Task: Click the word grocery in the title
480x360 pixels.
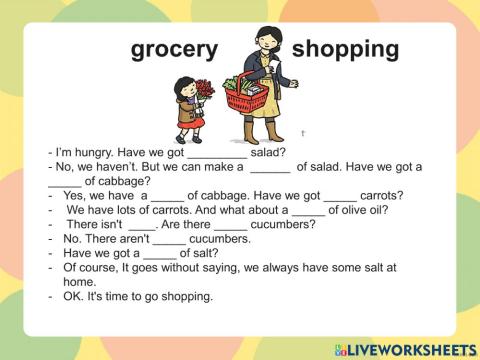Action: pyautogui.click(x=174, y=49)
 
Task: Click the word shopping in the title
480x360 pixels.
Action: pyautogui.click(x=345, y=49)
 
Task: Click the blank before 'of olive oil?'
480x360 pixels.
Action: pyautogui.click(x=309, y=210)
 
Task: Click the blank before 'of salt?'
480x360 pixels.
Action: pyautogui.click(x=157, y=254)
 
